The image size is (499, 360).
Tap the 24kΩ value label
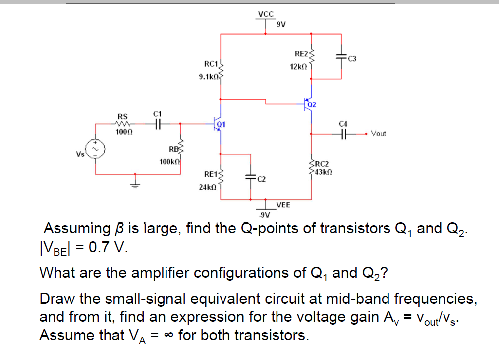coord(207,188)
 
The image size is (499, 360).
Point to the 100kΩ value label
coord(169,162)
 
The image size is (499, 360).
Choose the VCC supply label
coord(266,14)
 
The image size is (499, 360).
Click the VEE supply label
coord(283,205)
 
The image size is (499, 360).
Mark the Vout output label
coord(378,133)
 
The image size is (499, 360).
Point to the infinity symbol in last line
coord(169,335)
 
